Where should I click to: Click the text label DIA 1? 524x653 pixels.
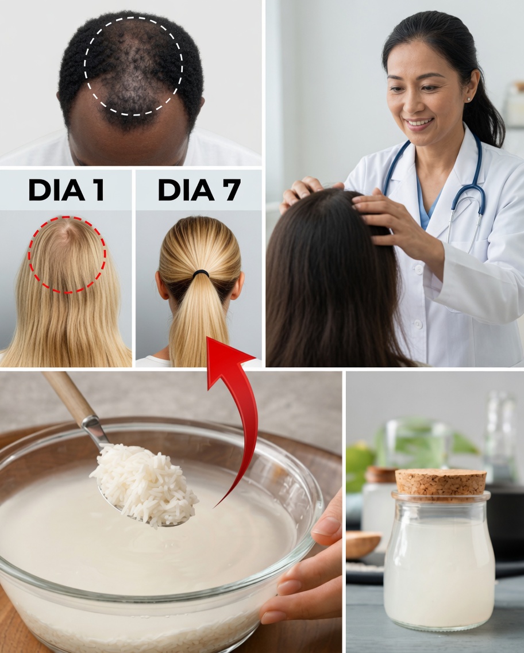click(x=66, y=190)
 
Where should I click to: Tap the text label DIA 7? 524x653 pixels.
click(x=199, y=190)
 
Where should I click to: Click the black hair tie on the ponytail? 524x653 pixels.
click(x=200, y=274)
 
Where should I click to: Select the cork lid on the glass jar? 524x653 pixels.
click(x=441, y=482)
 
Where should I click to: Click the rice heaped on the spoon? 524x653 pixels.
click(x=144, y=483)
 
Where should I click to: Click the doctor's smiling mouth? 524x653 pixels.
click(x=419, y=122)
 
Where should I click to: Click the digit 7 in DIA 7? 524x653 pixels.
click(x=231, y=190)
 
